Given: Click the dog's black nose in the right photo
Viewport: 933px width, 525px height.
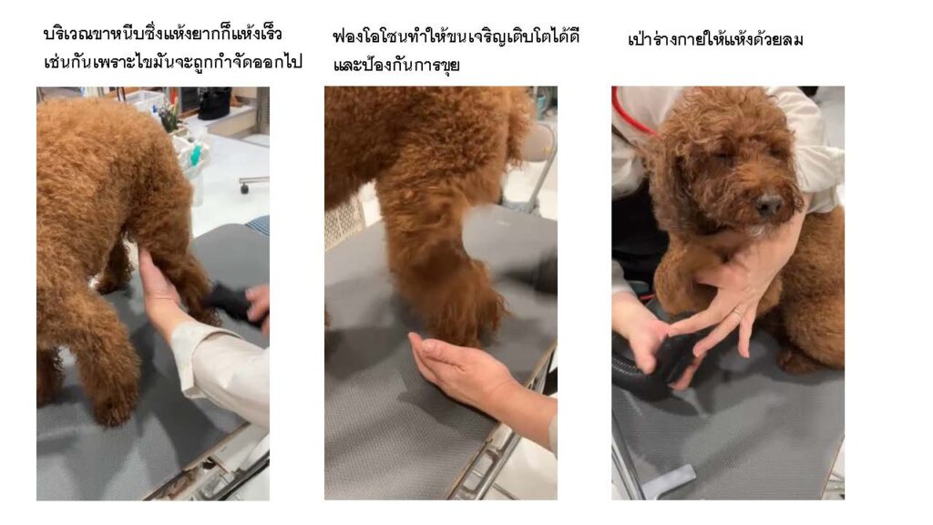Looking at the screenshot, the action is tap(768, 204).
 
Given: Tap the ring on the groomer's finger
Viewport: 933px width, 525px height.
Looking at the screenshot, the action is tap(738, 313).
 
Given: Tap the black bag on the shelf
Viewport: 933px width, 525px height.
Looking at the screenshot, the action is tap(214, 102).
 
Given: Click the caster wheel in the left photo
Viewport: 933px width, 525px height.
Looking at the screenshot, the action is tap(244, 188).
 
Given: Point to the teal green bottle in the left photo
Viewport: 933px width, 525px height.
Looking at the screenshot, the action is tap(194, 155).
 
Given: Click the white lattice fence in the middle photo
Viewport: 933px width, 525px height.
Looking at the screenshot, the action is tap(343, 221).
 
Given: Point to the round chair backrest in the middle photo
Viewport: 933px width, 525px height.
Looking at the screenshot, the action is tap(538, 142).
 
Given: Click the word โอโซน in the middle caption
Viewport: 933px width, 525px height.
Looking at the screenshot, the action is tap(386, 37).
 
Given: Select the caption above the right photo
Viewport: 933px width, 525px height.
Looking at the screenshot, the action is tap(715, 39).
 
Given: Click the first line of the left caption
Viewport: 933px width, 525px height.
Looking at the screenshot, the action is tap(162, 34).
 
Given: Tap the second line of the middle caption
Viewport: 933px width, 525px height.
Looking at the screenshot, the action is tap(396, 65).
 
